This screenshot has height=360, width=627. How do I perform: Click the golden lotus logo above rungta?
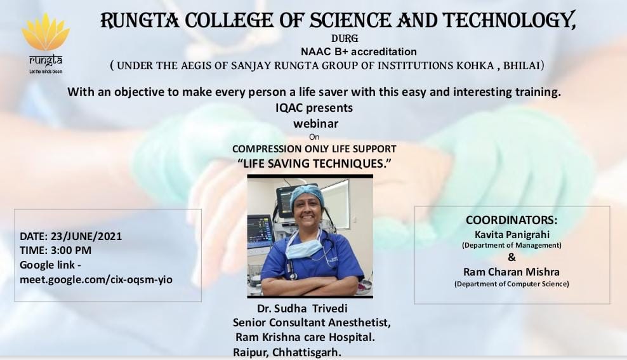point(46,32)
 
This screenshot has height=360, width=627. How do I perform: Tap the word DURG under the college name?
point(345,39)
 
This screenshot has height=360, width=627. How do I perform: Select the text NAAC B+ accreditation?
point(359,51)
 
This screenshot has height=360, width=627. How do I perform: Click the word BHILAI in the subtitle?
point(522,65)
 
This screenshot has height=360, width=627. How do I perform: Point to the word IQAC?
point(289,107)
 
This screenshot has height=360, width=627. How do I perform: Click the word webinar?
point(316,124)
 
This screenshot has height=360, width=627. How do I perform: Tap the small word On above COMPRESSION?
point(314,137)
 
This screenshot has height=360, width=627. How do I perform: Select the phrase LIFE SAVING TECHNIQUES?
point(314,163)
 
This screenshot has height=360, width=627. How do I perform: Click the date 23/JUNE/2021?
point(86,236)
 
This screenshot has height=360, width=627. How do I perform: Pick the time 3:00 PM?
point(71,250)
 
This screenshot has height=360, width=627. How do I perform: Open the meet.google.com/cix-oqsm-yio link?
point(96,279)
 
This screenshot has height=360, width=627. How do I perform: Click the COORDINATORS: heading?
point(511,220)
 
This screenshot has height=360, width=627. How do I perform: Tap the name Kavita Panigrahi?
point(512,234)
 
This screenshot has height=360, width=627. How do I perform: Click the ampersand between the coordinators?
point(512,257)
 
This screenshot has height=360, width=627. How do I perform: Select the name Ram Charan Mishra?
point(511,272)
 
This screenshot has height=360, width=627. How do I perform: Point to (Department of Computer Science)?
point(511,284)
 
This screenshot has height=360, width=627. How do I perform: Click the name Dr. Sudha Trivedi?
point(302,309)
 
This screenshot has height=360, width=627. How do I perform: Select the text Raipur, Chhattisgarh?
point(287,352)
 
